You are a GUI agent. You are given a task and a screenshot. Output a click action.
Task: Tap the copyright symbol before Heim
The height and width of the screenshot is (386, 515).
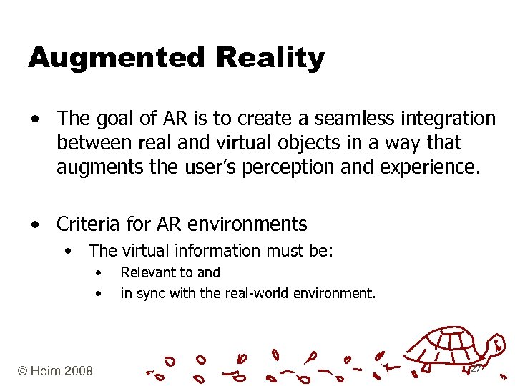pos(23,370)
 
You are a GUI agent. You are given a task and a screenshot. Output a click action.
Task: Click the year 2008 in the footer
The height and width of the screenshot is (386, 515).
pos(78,370)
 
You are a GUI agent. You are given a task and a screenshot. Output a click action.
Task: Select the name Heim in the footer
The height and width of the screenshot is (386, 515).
pos(45,370)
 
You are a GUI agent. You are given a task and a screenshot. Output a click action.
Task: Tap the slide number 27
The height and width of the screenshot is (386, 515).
pos(476,367)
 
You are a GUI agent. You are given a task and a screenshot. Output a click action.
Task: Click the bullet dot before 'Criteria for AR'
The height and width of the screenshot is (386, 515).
pos(35,225)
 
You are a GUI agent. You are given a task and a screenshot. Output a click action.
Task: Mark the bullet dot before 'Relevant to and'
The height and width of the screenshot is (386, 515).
pos(99,273)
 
